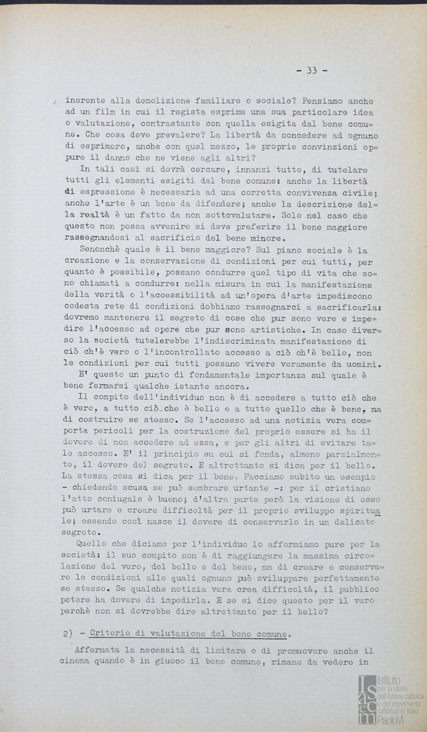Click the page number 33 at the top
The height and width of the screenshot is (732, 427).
click(311, 70)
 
